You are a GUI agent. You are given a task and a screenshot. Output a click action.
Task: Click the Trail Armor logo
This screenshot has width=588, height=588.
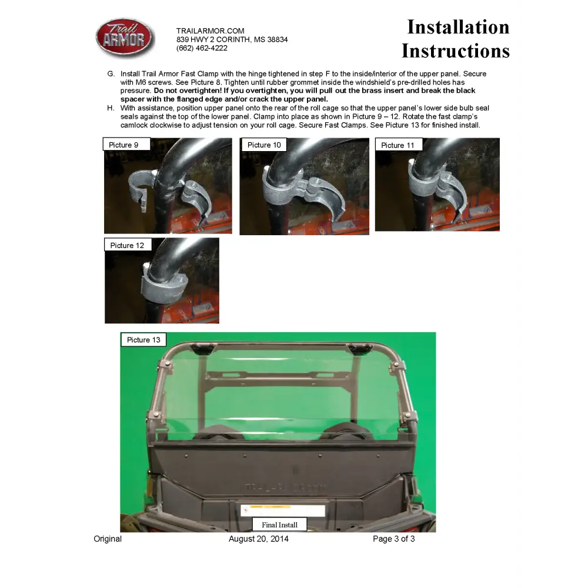tap(125, 38)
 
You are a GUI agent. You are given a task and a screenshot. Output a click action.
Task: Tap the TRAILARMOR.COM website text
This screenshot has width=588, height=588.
tap(210, 31)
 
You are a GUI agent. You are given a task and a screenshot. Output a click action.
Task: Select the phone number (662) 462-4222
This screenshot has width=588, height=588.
tap(202, 48)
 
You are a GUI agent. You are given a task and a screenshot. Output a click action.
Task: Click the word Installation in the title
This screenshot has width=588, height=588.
tap(458, 27)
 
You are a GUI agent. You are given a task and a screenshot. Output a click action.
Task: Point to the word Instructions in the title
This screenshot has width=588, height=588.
tap(456, 51)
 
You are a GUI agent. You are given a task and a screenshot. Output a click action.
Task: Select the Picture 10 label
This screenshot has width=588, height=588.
tap(264, 145)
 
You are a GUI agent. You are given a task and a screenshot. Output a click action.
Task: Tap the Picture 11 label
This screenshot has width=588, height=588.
tap(399, 145)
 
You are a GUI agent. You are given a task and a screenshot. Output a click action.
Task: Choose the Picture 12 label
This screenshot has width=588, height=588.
tap(128, 245)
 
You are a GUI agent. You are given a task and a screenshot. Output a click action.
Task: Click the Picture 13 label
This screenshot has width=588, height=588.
tap(143, 340)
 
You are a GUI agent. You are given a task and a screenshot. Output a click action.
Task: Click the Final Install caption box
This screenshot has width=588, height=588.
tap(279, 524)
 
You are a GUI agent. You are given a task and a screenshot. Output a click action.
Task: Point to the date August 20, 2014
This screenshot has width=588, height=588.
tap(259, 539)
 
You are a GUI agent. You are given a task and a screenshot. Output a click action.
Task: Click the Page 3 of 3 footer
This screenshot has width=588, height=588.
tap(394, 539)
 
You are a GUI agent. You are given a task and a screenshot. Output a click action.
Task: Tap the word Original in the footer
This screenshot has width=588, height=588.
tap(108, 539)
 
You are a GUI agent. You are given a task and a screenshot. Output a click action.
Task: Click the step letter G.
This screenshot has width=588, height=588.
tap(111, 73)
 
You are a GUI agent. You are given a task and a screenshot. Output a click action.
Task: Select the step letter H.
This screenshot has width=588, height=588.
tap(111, 108)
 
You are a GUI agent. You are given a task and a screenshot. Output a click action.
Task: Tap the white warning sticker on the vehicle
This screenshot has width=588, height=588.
tap(283, 510)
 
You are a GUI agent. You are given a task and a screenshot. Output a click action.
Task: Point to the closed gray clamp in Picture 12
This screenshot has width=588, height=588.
tap(163, 286)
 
